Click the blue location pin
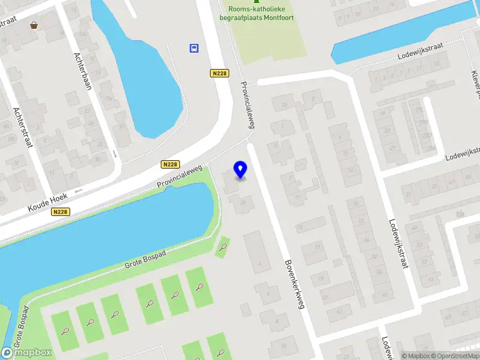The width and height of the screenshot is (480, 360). coord(240,170)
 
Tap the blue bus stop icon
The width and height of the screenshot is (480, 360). coord(194,49)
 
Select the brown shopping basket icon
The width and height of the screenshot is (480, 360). coord(34,25)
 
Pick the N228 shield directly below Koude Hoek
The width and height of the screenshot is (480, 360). coord(60,212)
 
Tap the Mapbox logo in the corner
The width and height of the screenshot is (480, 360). coord(26,353)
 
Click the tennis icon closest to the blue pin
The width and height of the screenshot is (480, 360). coord(223,247)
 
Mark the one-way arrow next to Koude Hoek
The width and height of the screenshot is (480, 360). coord(77,191)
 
